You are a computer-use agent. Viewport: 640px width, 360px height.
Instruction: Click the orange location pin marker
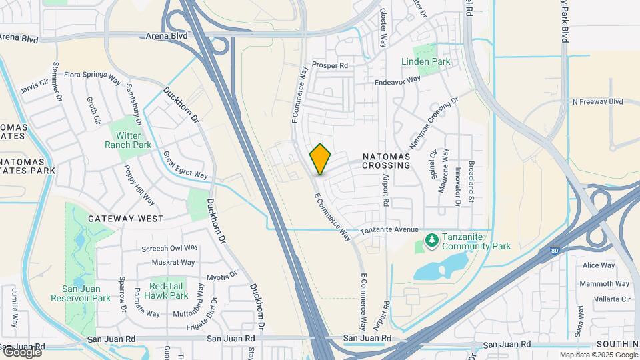[320, 159]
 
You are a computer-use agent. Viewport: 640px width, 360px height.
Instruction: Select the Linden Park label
[426, 62]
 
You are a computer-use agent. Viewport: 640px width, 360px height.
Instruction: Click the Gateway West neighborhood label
[126, 219]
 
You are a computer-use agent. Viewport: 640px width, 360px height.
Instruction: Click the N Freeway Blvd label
[597, 102]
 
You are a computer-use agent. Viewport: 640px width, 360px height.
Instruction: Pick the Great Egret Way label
[186, 165]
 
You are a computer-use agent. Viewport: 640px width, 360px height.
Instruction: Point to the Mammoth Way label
[595, 284]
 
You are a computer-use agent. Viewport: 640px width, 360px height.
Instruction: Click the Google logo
[22, 352]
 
